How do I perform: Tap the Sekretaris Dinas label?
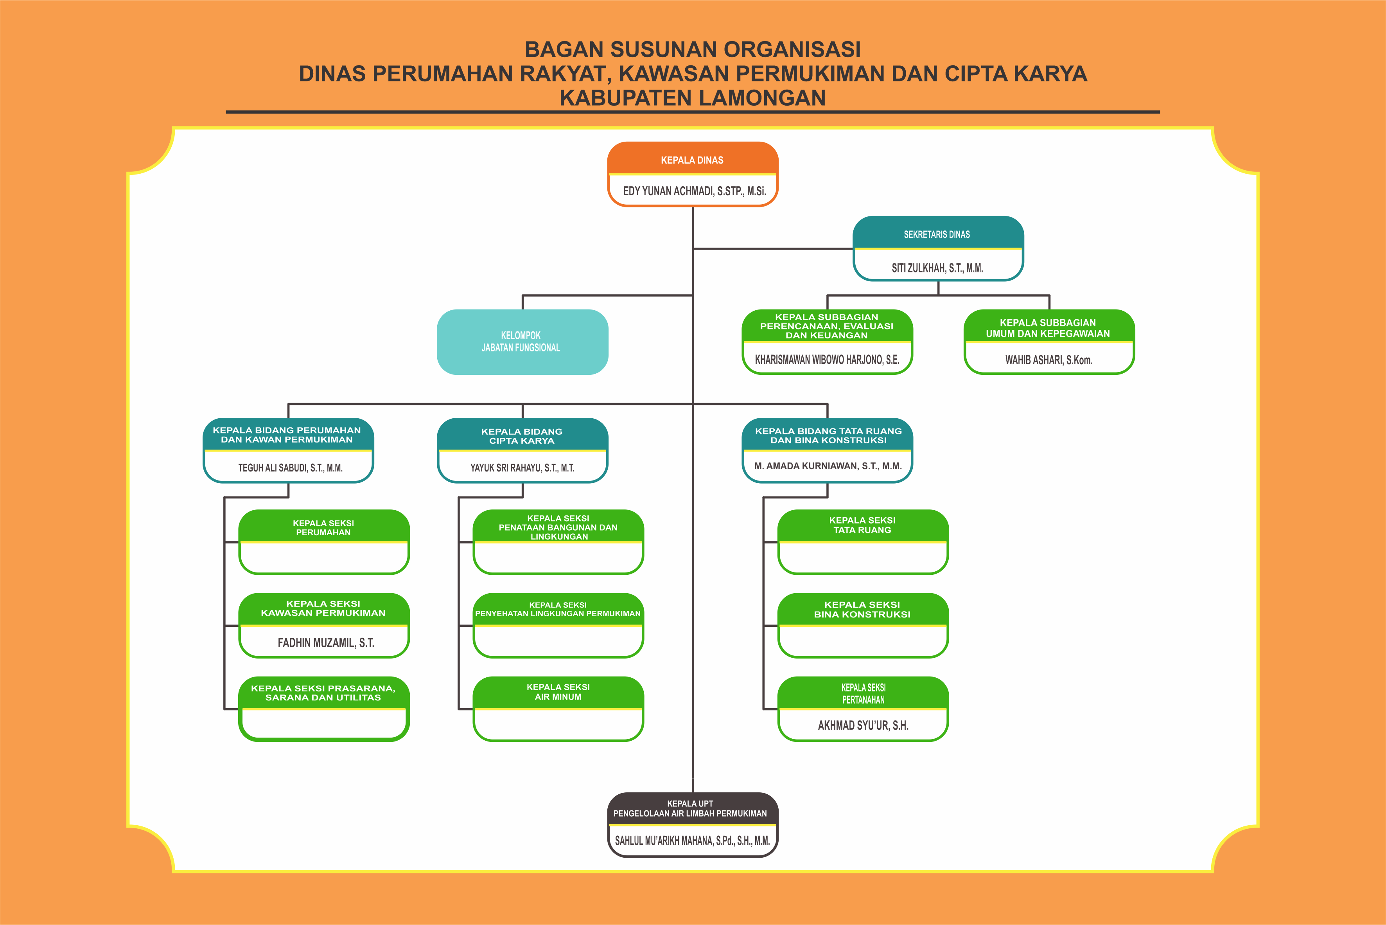coord(937,234)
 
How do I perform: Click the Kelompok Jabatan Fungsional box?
coord(522,342)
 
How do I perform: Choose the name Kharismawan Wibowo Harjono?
coord(827,359)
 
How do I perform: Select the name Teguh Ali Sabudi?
coord(290,468)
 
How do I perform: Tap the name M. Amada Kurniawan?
coord(828,466)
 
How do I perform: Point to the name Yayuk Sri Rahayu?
coord(522,468)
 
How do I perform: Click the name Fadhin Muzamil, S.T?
coord(325,642)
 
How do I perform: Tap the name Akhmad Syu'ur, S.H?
coord(863,725)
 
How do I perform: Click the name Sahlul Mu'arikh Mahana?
coord(693,840)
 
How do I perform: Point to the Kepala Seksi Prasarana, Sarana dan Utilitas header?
coord(324,693)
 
